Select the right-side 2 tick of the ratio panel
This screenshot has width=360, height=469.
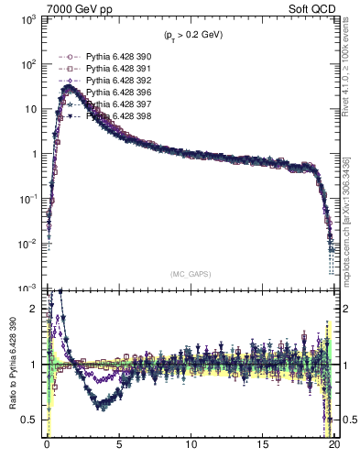(344, 309)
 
